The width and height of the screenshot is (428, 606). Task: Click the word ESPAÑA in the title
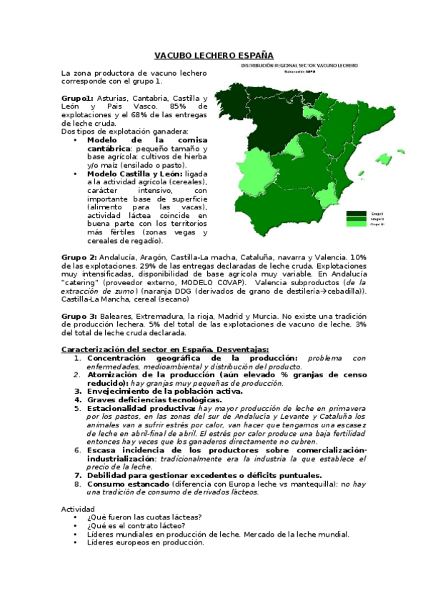[x=252, y=54]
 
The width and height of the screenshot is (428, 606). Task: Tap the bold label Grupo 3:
[x=79, y=316]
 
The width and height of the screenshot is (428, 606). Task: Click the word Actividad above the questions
[x=78, y=509]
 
